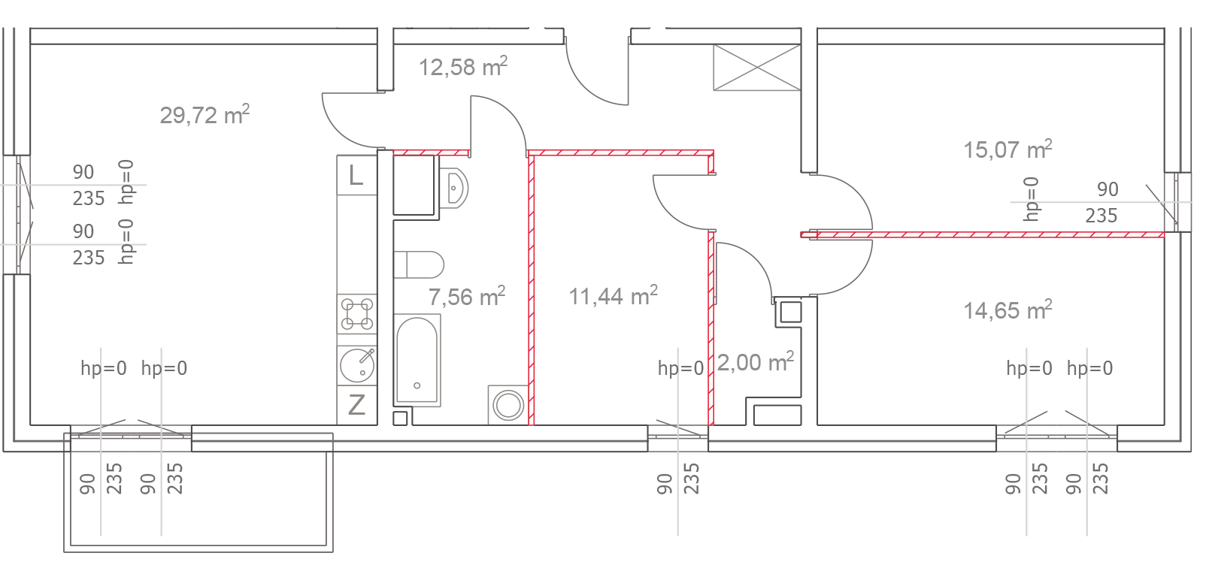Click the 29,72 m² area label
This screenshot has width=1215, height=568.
(205, 115)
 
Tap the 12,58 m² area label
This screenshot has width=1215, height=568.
(463, 67)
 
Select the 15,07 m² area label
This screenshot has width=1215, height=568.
(1007, 150)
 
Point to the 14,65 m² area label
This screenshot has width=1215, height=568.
(1007, 310)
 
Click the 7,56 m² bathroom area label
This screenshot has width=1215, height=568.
(467, 297)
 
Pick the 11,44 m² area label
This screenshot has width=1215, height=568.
(613, 296)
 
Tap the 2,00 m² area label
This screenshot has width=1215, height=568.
(756, 362)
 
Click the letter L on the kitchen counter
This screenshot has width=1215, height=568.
(356, 176)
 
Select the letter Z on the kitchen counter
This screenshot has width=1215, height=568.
(356, 405)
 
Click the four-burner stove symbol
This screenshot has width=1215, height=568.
(357, 313)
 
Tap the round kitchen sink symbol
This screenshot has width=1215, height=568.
(357, 364)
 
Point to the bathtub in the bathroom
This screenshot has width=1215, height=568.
(417, 361)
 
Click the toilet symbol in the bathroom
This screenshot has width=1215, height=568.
(419, 265)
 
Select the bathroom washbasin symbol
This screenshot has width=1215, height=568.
(453, 188)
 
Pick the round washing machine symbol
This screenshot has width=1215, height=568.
(508, 405)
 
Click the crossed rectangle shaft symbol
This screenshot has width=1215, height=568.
(757, 68)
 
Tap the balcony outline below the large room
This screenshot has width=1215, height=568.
(198, 493)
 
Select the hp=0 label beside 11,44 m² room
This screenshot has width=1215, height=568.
(680, 369)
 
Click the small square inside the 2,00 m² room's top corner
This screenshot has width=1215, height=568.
(791, 313)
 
